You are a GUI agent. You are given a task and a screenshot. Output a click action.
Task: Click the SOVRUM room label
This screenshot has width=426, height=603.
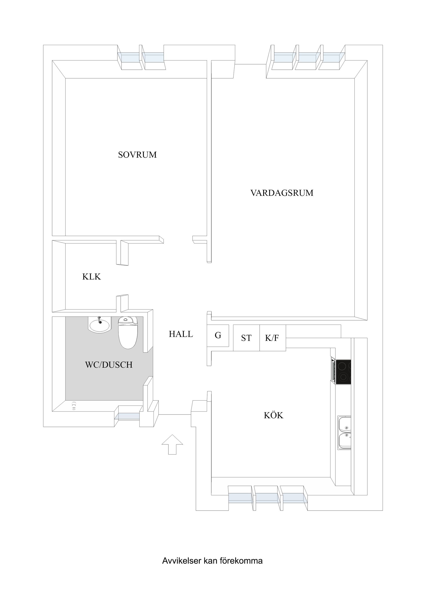tap(137, 155)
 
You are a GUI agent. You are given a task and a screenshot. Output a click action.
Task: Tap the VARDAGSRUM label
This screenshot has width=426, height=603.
tap(282, 193)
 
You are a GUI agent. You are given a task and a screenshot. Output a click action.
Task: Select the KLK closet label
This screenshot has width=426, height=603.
tap(91, 277)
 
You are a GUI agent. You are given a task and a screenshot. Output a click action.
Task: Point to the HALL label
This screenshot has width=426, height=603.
tap(181, 334)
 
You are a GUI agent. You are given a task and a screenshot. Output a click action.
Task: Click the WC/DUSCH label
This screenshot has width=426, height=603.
tap(109, 365)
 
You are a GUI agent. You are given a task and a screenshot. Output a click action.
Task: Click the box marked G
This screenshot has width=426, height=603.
tap(218, 335)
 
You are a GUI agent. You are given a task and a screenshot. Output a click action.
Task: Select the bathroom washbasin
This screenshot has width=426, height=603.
tap(99, 325)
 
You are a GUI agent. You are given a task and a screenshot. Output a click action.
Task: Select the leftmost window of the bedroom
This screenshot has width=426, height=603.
tap(129, 57)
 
